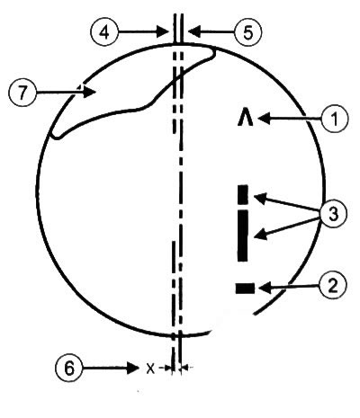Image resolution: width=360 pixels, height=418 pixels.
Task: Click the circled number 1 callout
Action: pyautogui.click(x=334, y=119)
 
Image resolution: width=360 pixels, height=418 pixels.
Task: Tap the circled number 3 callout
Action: pyautogui.click(x=333, y=214)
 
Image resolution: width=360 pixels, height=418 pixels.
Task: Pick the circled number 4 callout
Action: pyautogui.click(x=104, y=32)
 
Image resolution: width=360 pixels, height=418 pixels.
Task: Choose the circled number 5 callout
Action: pyautogui.click(x=247, y=32)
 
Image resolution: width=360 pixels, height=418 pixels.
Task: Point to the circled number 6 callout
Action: pyautogui.click(x=69, y=368)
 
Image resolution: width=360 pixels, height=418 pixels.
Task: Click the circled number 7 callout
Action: pyautogui.click(x=22, y=93)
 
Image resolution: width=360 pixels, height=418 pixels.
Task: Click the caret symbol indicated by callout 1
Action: pyautogui.click(x=246, y=119)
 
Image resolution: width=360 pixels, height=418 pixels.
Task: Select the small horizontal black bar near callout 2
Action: pyautogui.click(x=245, y=289)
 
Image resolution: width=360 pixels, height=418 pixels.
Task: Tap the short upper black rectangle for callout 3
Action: pyautogui.click(x=243, y=194)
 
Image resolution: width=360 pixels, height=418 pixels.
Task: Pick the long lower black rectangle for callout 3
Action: pyautogui.click(x=243, y=236)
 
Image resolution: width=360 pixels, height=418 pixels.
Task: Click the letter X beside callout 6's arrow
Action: pyautogui.click(x=150, y=368)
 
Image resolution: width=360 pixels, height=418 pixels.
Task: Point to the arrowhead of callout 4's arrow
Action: pyautogui.click(x=163, y=31)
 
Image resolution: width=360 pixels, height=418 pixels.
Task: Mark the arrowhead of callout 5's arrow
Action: pyautogui.click(x=193, y=31)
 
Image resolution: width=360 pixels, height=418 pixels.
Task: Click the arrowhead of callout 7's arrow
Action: pyautogui.click(x=90, y=92)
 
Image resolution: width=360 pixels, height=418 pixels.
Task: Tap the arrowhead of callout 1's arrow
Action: pyautogui.click(x=264, y=119)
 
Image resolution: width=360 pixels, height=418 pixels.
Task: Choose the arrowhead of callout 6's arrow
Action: pyautogui.click(x=134, y=368)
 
